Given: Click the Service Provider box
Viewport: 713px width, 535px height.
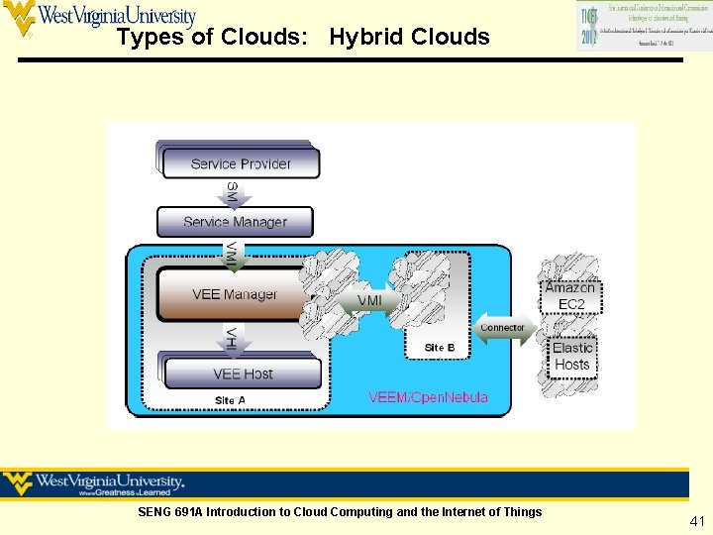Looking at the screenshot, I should click(x=241, y=163).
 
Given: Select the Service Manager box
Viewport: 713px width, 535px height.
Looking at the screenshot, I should click(x=235, y=222).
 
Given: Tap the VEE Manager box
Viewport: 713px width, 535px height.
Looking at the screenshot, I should click(x=235, y=294).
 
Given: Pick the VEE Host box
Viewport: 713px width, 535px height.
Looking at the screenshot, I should click(x=243, y=374).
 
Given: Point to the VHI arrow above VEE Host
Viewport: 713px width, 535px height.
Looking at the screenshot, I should click(x=232, y=338).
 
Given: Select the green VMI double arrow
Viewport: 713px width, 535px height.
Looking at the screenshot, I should click(x=368, y=300).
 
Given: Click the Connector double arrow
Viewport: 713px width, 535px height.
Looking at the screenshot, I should click(x=502, y=328).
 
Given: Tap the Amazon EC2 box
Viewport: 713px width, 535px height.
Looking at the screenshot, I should click(x=571, y=296).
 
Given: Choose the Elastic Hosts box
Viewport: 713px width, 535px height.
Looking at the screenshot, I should click(x=572, y=357).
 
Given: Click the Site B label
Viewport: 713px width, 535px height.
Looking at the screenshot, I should click(x=440, y=347).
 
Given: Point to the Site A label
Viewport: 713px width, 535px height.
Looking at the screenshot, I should click(x=230, y=400).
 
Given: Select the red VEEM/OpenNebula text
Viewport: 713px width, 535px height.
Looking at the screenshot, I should click(x=428, y=397).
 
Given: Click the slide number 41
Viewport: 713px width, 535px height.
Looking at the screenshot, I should click(x=697, y=521).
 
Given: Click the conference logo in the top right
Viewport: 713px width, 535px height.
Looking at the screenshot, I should click(x=631, y=27).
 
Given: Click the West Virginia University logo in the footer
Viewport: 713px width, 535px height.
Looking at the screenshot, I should click(x=94, y=483).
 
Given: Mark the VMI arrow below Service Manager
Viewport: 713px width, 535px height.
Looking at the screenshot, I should click(x=232, y=254).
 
